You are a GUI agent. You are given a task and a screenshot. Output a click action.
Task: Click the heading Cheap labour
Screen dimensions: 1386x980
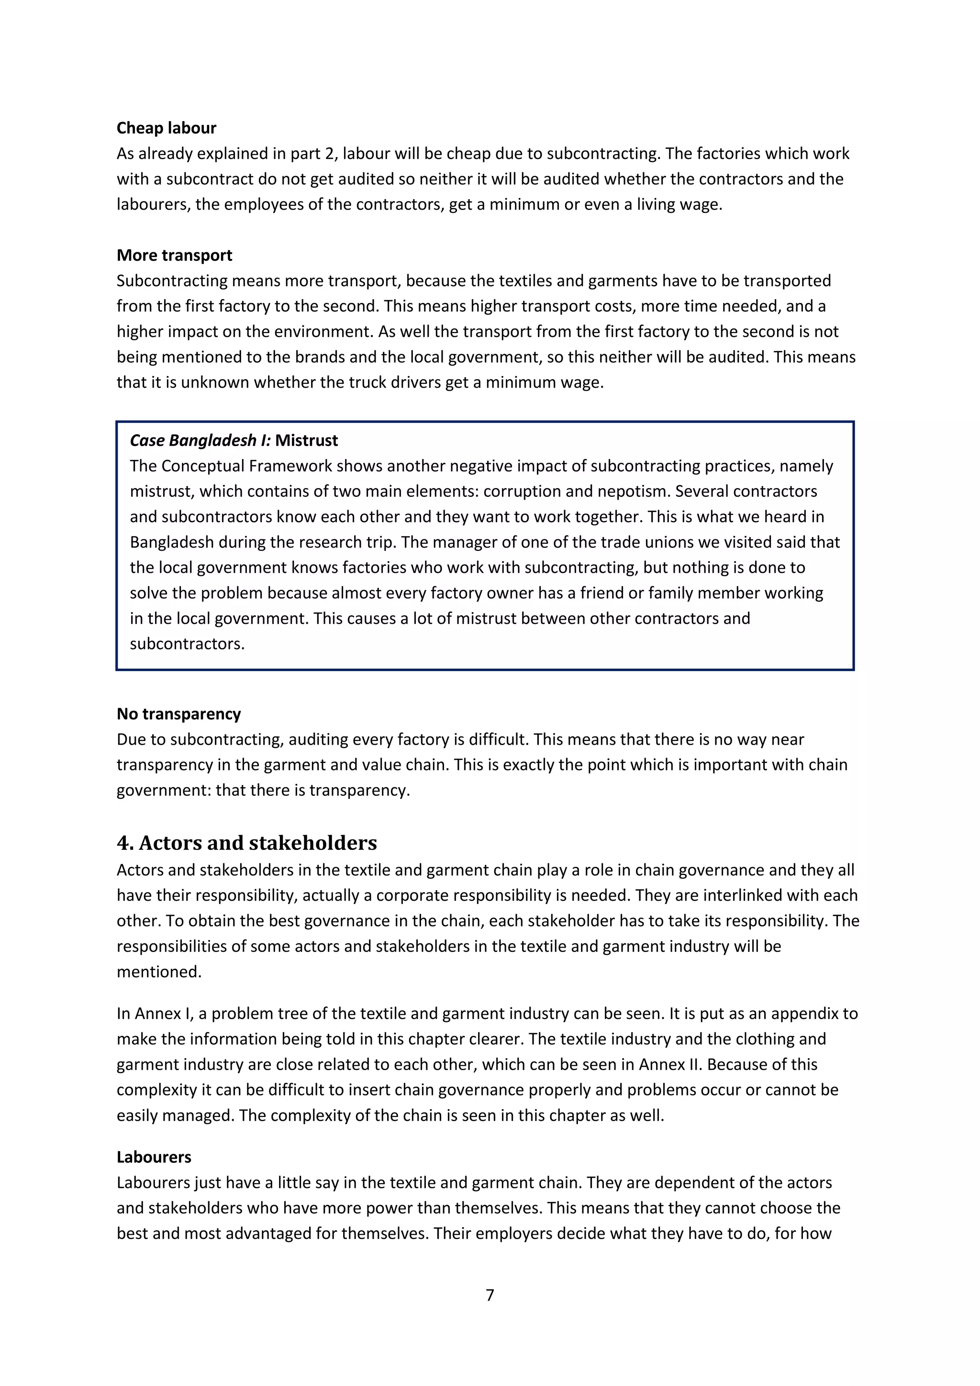(x=166, y=128)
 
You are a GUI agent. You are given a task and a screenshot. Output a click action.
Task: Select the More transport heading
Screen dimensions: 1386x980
(x=174, y=256)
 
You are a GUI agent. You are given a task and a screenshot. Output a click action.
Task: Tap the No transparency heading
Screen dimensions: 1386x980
(x=178, y=714)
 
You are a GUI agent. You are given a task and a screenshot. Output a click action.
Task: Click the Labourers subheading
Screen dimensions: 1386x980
(x=154, y=1157)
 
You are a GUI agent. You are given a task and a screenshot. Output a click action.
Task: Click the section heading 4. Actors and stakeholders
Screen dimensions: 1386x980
(x=247, y=843)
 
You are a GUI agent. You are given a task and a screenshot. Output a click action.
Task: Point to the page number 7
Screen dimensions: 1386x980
(x=490, y=1295)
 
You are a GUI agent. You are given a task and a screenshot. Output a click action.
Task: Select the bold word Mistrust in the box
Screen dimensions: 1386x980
(x=307, y=441)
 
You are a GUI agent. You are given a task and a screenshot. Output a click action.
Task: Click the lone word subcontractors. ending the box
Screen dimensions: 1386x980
(x=187, y=644)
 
